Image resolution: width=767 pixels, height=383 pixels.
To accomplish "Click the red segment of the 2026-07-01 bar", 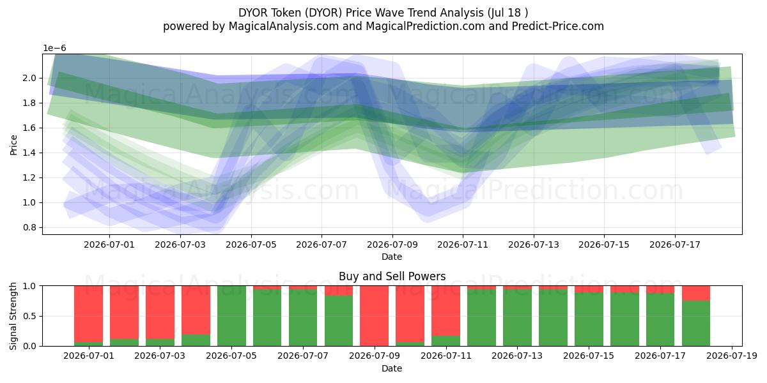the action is tap(89, 314).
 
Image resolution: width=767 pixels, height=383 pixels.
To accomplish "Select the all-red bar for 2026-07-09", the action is tap(375, 316).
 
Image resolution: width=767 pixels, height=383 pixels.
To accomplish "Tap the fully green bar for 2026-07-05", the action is tap(231, 316).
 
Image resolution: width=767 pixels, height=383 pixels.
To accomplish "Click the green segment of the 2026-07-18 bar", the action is tap(696, 324).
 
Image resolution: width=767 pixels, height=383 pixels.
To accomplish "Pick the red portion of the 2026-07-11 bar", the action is tap(445, 311).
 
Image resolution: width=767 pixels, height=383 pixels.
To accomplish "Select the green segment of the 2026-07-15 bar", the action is tap(589, 319).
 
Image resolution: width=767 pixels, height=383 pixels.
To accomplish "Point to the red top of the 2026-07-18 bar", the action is tap(696, 294).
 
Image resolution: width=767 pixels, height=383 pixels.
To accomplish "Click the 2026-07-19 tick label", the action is tap(732, 356).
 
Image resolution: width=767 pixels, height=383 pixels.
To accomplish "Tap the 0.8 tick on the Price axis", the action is tap(29, 227).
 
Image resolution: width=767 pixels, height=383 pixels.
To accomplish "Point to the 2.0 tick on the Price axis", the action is tap(29, 78).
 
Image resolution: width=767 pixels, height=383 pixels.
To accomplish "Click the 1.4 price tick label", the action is tap(29, 153).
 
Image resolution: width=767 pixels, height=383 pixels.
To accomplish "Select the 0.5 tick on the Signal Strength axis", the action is tap(29, 316).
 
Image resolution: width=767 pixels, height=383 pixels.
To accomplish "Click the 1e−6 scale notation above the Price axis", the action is tap(54, 49).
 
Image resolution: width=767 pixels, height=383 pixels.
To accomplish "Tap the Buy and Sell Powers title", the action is tap(392, 276).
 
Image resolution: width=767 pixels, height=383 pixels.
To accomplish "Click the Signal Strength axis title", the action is tap(13, 316).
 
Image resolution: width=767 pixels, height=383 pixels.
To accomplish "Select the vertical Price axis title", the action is tap(13, 145).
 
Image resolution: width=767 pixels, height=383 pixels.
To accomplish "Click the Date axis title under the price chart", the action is tap(392, 257).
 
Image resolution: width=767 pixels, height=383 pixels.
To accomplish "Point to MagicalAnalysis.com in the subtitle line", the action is tap(284, 26).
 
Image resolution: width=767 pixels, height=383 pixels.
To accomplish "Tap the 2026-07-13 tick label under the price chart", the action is tap(534, 245).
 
